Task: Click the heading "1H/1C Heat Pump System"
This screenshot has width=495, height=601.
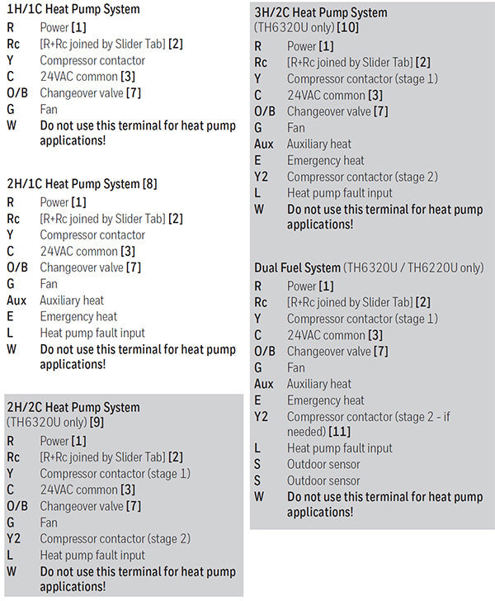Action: [x=73, y=10]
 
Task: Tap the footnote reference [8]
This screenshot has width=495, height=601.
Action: [x=149, y=184]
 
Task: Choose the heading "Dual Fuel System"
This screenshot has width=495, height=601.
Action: [x=297, y=268]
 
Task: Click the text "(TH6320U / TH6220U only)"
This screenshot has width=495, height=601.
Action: [x=413, y=268]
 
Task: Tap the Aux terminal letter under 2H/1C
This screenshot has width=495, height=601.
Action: [x=16, y=300]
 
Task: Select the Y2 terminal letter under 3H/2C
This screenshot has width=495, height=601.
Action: [x=262, y=177]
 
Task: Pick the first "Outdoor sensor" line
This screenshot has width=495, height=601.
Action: [x=323, y=465]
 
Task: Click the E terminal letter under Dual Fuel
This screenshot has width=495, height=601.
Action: [x=257, y=400]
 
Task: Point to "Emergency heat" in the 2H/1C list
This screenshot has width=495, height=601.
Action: [x=78, y=317]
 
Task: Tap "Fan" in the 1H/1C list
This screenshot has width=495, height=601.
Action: [x=49, y=109]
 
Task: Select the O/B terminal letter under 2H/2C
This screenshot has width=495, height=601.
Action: [x=17, y=506]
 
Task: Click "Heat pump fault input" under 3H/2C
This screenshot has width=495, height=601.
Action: [x=340, y=193]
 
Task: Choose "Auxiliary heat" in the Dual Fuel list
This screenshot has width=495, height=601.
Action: [x=318, y=384]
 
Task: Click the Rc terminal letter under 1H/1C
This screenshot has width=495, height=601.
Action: [x=13, y=44]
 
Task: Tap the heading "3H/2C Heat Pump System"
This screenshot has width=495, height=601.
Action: [x=320, y=13]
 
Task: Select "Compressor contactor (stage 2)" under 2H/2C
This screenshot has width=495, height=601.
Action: [x=115, y=539]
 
